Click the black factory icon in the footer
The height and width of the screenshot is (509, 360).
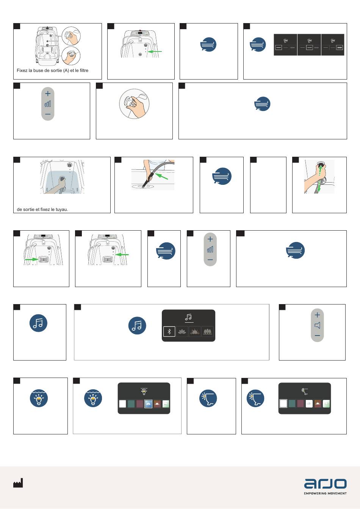point(18,483)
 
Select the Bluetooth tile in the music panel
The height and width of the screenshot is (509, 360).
point(169,331)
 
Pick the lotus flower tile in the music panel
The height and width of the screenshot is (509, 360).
point(182,331)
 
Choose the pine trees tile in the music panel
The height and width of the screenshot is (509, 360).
point(207,331)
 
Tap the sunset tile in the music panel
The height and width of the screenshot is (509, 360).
point(195,331)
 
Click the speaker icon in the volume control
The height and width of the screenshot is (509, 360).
point(318,325)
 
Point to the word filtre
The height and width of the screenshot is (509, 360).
point(84,70)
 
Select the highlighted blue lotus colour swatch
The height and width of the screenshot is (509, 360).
point(148,404)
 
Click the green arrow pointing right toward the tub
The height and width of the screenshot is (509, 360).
point(31,259)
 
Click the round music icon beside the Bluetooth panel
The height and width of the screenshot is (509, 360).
point(137,325)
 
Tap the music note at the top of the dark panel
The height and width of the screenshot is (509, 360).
point(189,317)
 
